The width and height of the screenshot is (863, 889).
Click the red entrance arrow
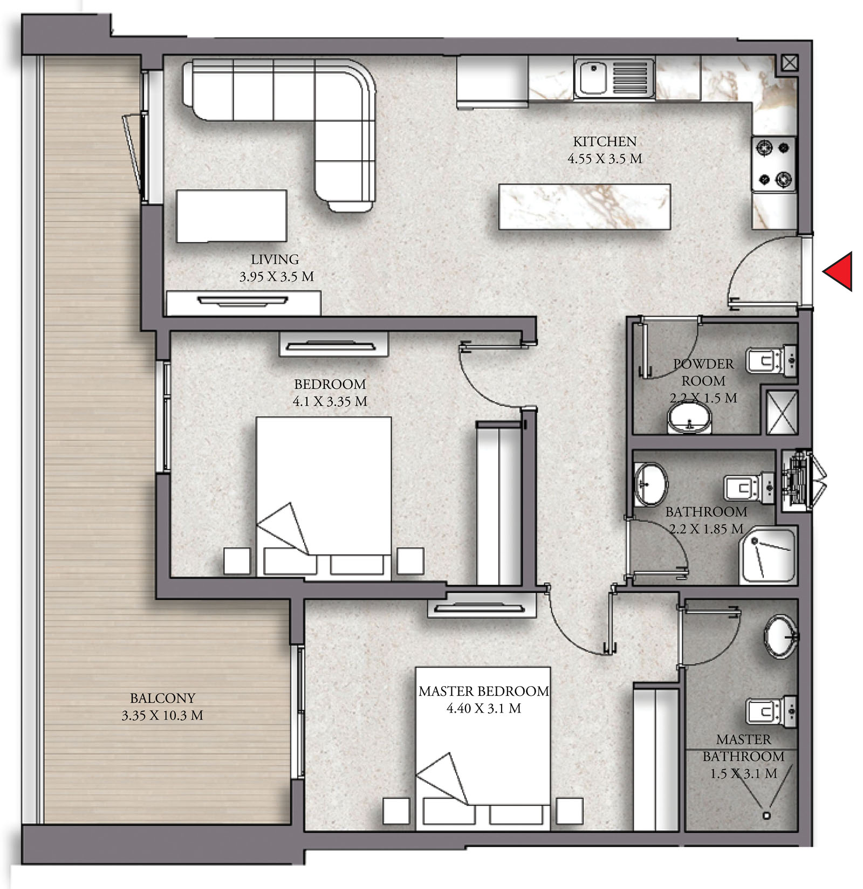pos(838,271)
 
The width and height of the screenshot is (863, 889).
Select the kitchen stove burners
pos(774,163)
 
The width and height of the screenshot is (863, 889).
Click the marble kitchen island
pos(585,207)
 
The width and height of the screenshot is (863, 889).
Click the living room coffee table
pos(231,216)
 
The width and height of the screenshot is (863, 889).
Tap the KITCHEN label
pos(605,141)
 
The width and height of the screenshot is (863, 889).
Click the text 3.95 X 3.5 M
pos(276,277)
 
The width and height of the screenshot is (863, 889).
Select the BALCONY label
pos(162,698)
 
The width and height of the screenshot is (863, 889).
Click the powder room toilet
pos(771,360)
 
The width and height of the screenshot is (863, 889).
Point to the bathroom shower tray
pos(768,556)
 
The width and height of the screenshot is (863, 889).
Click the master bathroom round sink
pos(780,637)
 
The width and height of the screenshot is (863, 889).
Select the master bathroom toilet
pos(771,711)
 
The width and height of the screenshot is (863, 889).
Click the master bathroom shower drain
pos(766,816)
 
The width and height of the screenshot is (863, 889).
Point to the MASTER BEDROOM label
pos(484,691)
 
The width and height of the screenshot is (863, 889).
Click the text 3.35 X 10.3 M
pos(162,715)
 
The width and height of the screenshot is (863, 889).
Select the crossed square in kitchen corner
pos(790,63)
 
